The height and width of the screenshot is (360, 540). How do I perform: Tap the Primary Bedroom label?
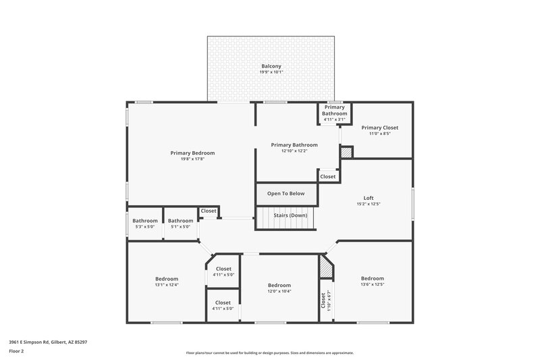[192, 153]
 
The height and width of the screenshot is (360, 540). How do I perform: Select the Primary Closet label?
[379, 128]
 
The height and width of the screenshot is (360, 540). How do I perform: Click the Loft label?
[368, 198]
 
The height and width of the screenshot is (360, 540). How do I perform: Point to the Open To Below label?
[286, 194]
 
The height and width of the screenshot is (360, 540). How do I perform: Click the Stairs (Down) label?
[290, 215]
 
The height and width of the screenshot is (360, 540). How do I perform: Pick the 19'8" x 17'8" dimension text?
[192, 160]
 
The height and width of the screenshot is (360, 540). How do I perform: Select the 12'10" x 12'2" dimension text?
[294, 151]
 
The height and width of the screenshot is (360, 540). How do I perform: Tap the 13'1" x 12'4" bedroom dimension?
[167, 285]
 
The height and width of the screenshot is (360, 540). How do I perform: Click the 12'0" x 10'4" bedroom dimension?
[279, 291]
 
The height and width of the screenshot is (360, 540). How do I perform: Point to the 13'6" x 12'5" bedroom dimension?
[372, 285]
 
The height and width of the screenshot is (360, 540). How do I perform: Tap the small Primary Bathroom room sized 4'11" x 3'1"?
[335, 113]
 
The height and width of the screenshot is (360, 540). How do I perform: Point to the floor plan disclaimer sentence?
[269, 353]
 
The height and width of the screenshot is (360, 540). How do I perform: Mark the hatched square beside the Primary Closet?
[346, 153]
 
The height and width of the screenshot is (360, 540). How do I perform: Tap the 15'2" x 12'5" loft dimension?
[368, 205]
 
